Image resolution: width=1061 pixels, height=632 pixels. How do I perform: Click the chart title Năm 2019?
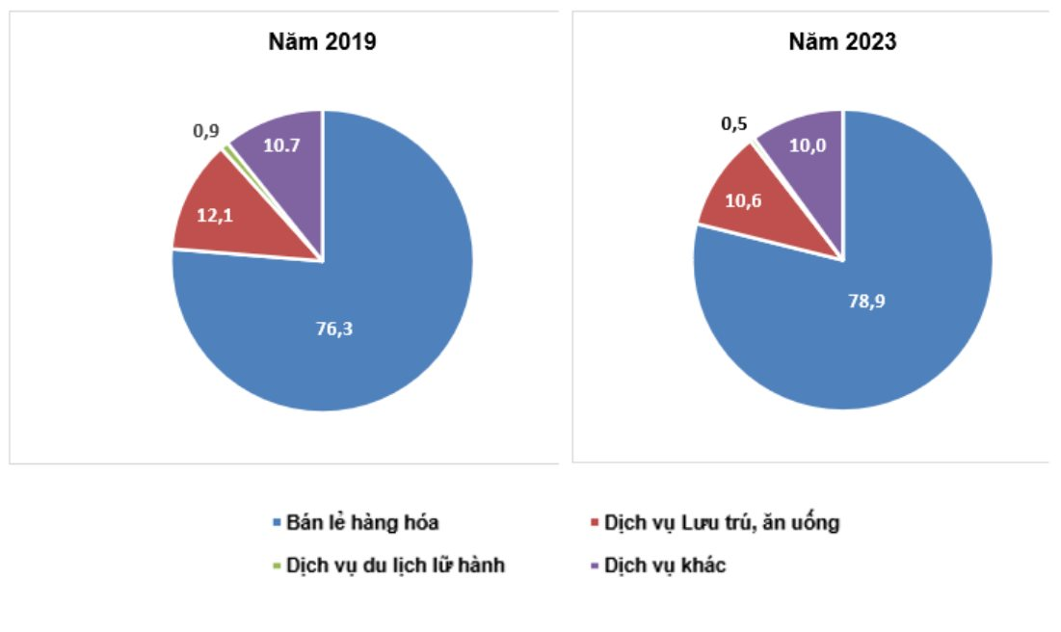[322, 42]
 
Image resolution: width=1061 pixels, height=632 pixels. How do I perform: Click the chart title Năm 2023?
[842, 42]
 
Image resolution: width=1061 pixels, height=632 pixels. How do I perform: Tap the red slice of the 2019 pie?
[224, 217]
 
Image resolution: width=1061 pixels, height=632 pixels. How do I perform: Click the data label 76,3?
[334, 329]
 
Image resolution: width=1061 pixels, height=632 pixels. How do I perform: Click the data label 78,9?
[866, 302]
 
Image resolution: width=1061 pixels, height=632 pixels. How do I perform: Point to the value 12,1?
[215, 215]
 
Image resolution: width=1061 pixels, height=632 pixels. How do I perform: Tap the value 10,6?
[743, 201]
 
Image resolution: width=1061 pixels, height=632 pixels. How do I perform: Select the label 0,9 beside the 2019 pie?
[206, 131]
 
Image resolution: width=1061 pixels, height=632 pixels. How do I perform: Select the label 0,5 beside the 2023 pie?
[734, 124]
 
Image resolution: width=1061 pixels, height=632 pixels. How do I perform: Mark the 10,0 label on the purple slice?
[808, 145]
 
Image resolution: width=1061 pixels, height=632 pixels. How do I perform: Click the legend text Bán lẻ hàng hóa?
[362, 522]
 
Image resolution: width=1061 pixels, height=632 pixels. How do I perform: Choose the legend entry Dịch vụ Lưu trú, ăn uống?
[722, 522]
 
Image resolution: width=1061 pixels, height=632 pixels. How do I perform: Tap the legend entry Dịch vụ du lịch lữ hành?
[395, 565]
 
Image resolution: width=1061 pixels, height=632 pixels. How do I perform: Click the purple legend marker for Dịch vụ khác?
[595, 565]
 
